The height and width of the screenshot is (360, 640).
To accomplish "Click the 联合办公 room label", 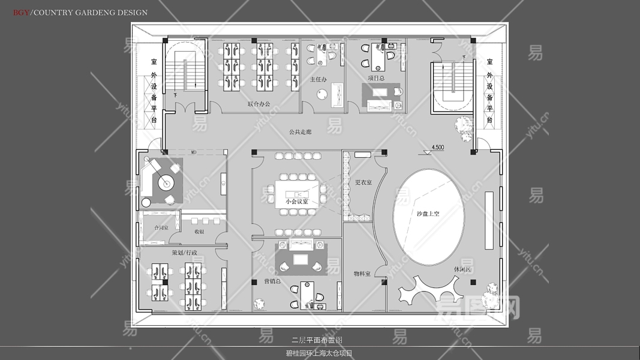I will point(259,104).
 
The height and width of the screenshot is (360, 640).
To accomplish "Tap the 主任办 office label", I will point(318,79).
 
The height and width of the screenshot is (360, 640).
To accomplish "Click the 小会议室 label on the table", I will point(297,202).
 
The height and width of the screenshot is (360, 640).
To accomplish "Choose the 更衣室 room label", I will point(363,182).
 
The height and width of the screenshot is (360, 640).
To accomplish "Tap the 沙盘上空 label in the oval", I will point(428,214).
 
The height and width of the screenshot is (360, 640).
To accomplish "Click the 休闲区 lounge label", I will point(462,269).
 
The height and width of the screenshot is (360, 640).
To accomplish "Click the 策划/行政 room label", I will point(184,253).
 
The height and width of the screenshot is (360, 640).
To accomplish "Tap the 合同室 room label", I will point(161,228).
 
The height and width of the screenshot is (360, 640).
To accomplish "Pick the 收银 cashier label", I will point(199,231).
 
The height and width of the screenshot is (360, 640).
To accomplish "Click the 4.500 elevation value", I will point(438,147).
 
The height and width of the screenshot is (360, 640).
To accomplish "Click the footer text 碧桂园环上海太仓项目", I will point(319,353).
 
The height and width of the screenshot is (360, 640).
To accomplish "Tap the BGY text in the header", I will point(21,12).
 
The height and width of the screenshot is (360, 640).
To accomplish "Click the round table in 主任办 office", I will point(322,94).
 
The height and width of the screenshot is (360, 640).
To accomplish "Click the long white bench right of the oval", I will point(489,220).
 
